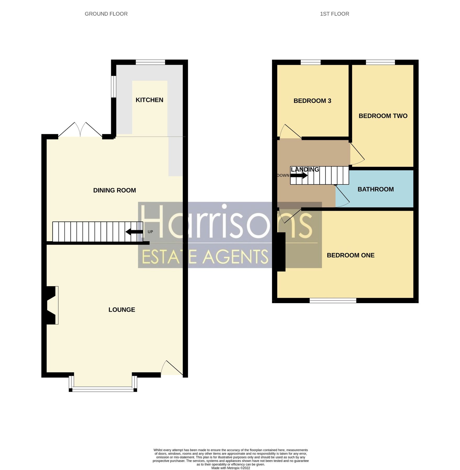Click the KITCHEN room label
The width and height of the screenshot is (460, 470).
149,100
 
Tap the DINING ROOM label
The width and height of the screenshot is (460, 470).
115,190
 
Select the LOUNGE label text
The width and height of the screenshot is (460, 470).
122,310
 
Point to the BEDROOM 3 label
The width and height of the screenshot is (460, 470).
312,101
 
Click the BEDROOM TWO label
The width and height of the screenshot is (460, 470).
383,116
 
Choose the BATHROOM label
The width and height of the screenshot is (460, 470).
376,189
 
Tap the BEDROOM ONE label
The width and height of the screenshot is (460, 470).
350,255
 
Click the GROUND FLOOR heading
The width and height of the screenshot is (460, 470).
106,14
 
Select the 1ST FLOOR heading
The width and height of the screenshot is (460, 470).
334,14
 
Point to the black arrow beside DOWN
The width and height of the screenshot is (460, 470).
299,175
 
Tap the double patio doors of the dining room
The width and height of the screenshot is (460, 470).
80,130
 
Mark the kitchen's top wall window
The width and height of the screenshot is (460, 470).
150,62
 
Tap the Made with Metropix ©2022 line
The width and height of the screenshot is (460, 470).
230,468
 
